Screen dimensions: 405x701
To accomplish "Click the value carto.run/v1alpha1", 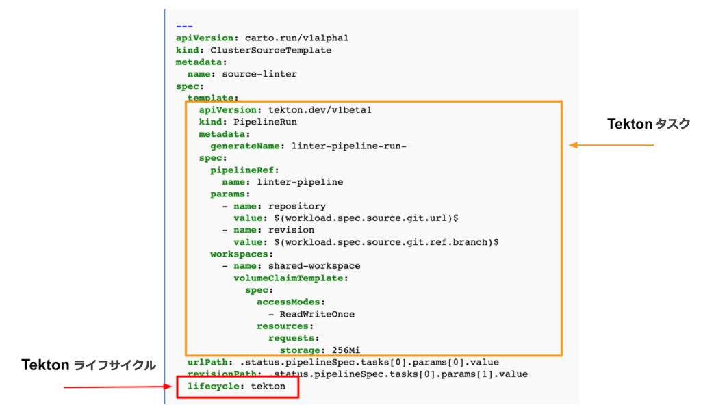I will point(281,38).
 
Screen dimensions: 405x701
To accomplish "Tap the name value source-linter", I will point(259,74).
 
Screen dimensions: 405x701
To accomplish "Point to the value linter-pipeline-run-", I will point(349,146).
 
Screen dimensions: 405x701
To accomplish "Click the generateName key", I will point(247,146).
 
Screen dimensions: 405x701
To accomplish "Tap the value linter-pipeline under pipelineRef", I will point(300,182).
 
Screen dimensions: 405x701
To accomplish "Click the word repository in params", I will point(297,206).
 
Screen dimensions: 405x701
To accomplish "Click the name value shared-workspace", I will point(314,265).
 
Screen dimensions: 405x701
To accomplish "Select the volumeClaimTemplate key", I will point(291,278).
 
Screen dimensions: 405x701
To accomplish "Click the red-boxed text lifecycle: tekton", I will point(236,387).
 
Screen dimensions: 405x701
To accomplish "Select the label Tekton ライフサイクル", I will point(90,366).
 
